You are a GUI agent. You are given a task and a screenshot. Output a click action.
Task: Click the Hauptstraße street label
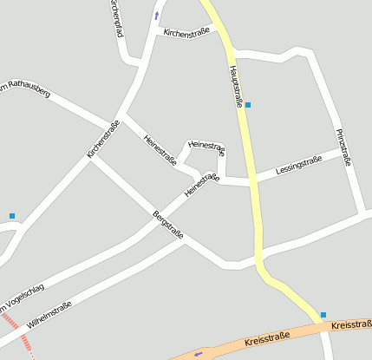click(x=236, y=86)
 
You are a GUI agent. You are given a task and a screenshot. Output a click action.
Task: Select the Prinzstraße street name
click(x=343, y=147)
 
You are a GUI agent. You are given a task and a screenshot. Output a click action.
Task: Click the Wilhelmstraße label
click(x=49, y=315)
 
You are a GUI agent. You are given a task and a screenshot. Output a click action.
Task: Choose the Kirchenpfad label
click(x=117, y=17)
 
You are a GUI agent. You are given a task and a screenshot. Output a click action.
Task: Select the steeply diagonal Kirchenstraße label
click(x=103, y=139)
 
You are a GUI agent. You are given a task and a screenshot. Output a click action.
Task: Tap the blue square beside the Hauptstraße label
click(x=248, y=105)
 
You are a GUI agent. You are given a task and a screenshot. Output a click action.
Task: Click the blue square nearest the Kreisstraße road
click(x=323, y=315)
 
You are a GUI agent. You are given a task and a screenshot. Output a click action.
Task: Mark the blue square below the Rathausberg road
click(x=12, y=215)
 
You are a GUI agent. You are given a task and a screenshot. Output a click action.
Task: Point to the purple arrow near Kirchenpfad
click(x=157, y=15)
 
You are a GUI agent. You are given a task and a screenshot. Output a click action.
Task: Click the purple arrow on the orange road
click(x=199, y=353)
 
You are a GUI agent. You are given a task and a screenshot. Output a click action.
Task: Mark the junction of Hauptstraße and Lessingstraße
click(x=254, y=183)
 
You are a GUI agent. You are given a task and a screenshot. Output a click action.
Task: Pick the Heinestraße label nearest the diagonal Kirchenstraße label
click(x=160, y=148)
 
